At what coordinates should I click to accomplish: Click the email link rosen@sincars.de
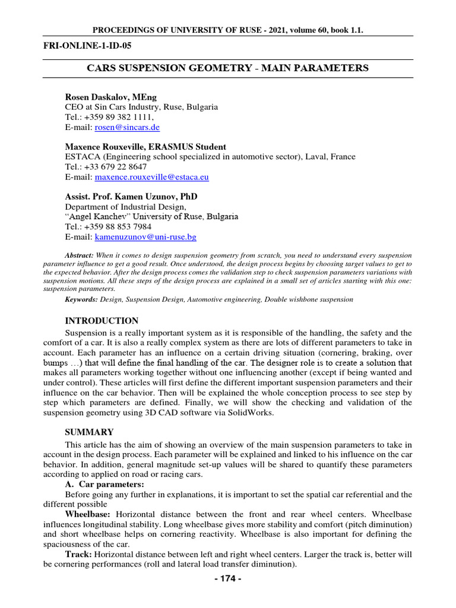coord(127,127)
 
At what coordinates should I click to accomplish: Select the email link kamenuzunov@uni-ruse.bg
coord(145,237)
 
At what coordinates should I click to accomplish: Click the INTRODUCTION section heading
coord(102,321)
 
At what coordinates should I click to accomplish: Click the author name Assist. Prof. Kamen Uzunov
coord(131,197)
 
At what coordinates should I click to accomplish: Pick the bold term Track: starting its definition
coord(78,554)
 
